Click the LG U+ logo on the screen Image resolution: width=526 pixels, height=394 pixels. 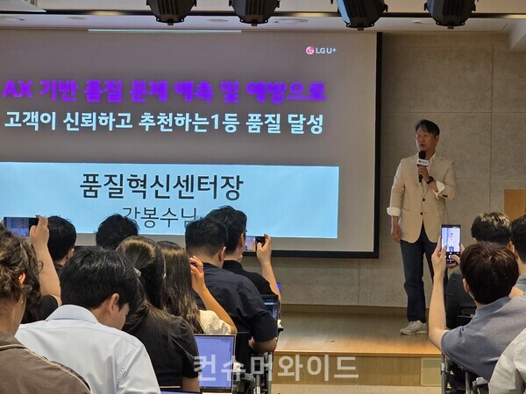(x=321, y=50)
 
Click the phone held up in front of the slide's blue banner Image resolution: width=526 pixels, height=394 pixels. (x=253, y=243)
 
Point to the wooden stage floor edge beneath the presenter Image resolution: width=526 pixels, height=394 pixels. (x=368, y=350)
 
